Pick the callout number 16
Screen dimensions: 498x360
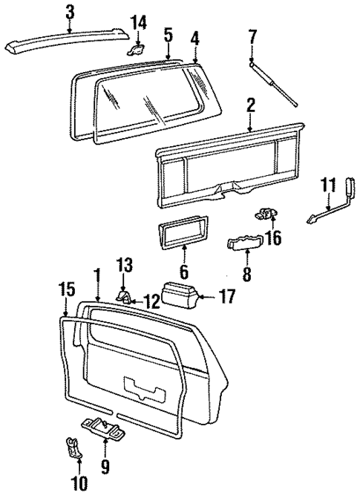click(273, 237)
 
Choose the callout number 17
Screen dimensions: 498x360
click(227, 298)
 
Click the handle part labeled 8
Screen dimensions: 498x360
click(245, 244)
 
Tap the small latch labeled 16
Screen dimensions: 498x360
click(267, 214)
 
